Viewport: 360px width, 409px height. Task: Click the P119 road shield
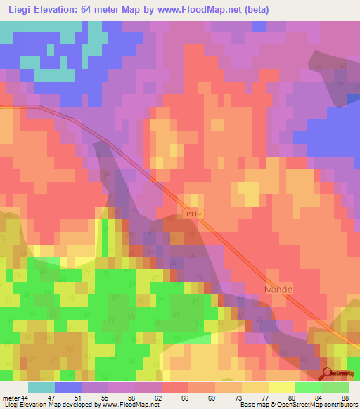coord(196,213)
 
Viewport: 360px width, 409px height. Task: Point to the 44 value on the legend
coord(25,398)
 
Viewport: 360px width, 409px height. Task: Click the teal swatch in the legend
coord(41,387)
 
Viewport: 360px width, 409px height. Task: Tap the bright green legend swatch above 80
coord(309,387)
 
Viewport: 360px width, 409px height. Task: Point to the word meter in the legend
coord(11,398)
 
